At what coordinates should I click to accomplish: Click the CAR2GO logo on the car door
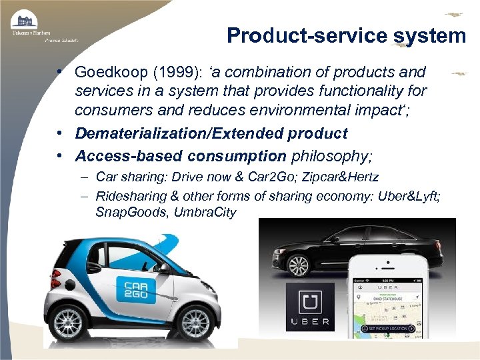[x=136, y=289]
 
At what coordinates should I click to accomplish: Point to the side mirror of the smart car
[x=165, y=268]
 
